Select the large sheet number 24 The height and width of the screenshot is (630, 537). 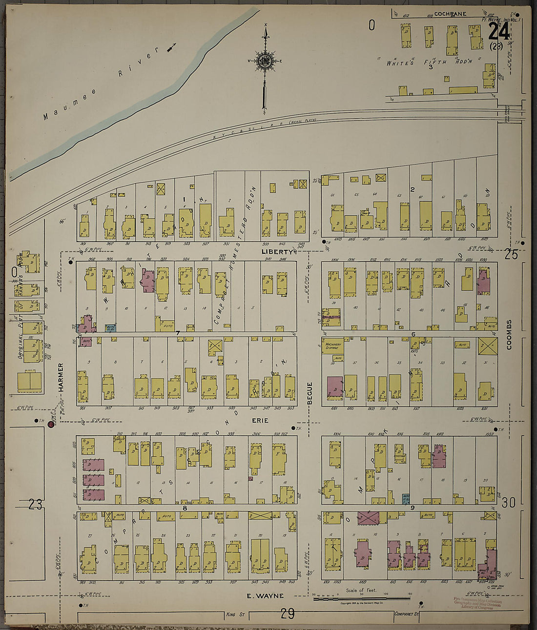pos(499,33)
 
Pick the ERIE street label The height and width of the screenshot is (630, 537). pos(260,420)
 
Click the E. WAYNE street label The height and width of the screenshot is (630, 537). pos(265,595)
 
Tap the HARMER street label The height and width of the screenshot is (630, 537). pos(62,377)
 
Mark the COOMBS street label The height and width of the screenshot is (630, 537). pos(509,335)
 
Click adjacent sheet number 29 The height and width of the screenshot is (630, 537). pos(288,614)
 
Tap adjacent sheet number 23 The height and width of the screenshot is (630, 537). pos(35,505)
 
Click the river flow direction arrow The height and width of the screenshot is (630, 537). pos(171,47)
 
